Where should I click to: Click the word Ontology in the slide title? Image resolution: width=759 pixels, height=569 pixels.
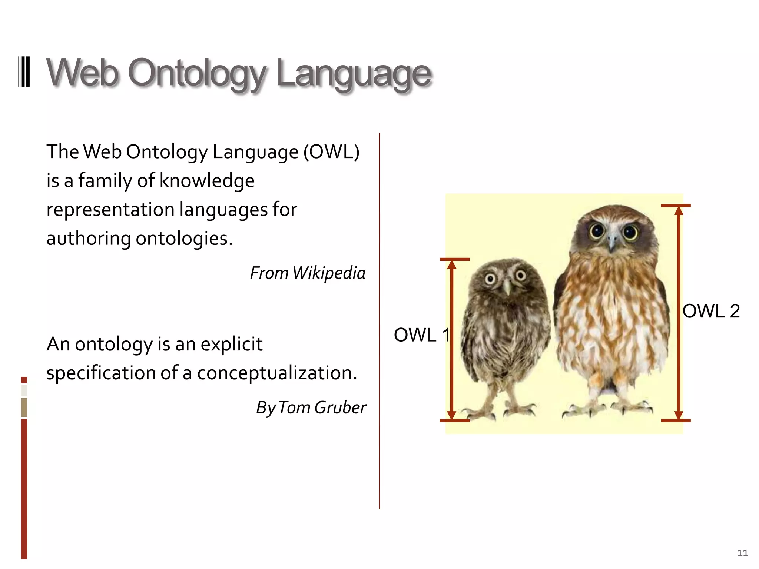(196, 73)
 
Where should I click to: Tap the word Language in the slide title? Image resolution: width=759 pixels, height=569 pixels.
(354, 73)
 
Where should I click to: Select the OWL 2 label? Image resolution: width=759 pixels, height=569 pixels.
(711, 311)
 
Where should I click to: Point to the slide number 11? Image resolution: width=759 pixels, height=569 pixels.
(742, 553)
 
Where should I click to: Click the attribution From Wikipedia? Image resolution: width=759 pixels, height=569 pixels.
(308, 273)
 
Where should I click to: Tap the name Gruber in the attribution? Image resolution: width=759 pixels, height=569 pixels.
(340, 407)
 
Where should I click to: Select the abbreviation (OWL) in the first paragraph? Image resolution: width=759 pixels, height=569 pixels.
(331, 152)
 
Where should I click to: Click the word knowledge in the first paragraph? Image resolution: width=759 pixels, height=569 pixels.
(207, 181)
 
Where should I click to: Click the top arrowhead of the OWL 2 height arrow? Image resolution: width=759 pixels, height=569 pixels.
(679, 211)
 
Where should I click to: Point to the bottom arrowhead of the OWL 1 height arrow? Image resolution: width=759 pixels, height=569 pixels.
(451, 415)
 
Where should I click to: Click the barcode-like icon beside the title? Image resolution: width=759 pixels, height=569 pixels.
(24, 71)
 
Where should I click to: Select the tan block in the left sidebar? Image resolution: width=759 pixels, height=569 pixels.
(24, 407)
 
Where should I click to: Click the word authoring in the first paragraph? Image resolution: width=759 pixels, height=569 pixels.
(88, 239)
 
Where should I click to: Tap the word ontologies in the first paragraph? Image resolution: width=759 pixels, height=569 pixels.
(184, 239)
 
